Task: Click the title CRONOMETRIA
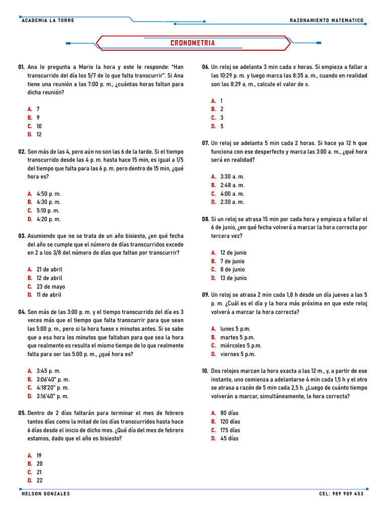(x=192, y=43)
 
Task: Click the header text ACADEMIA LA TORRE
(x=48, y=21)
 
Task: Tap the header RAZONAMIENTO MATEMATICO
(x=327, y=21)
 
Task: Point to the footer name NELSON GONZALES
(x=46, y=494)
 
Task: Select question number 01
(x=22, y=67)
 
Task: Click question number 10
(x=205, y=371)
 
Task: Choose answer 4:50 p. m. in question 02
(x=48, y=194)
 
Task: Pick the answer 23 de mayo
(x=51, y=287)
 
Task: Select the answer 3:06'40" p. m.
(x=53, y=379)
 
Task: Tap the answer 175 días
(x=230, y=430)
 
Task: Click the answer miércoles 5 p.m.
(x=241, y=346)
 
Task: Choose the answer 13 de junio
(x=233, y=278)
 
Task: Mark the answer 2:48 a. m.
(x=232, y=185)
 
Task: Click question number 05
(x=22, y=413)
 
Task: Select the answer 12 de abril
(x=49, y=278)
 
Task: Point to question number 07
(x=205, y=143)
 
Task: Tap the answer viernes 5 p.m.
(x=238, y=354)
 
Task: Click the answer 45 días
(x=229, y=439)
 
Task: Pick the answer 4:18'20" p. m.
(x=53, y=388)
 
